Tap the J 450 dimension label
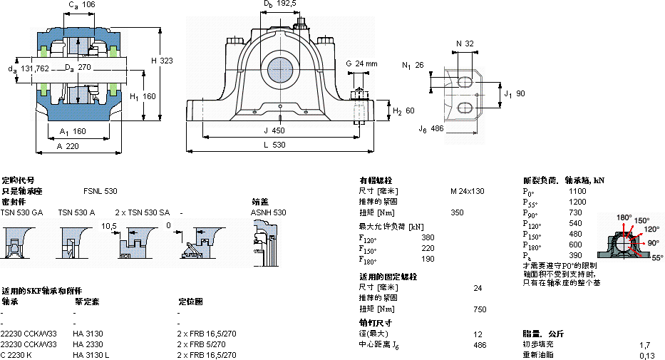274,130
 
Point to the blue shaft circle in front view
281,69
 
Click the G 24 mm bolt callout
361,63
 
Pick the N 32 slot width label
464,43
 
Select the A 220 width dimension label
68,145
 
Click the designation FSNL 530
100,191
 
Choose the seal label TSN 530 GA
21,212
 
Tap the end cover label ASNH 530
268,212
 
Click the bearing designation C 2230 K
19,355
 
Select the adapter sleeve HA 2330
88,344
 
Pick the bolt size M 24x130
467,191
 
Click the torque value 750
480,309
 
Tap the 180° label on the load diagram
624,217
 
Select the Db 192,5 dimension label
279,4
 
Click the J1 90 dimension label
514,93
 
